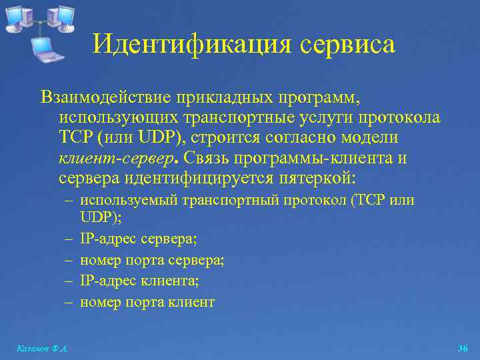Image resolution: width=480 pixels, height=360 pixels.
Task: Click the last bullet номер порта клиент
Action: (147, 301)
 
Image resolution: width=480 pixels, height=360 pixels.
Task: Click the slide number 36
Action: (463, 348)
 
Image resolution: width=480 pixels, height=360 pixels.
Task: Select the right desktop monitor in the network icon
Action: (62, 17)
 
